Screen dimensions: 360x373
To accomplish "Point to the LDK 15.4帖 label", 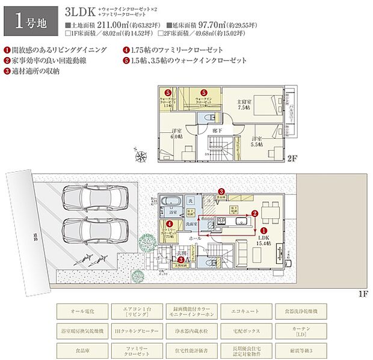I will point(265,241).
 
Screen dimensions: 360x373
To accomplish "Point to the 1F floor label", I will point(362,293).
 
